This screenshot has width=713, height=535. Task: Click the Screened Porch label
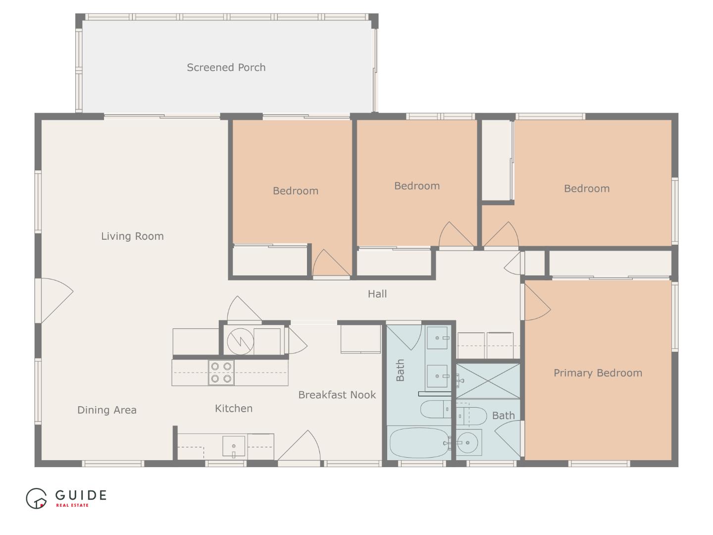(x=226, y=67)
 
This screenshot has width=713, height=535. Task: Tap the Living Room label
(x=132, y=236)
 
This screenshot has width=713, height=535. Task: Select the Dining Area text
(x=107, y=410)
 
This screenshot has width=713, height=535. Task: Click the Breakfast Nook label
(x=337, y=395)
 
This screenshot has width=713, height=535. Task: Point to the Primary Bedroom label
(x=598, y=373)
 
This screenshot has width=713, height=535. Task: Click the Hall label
(x=377, y=294)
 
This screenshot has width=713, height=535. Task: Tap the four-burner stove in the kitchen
(x=221, y=373)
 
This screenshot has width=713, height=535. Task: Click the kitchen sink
(x=233, y=446)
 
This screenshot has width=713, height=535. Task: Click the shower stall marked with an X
(x=488, y=381)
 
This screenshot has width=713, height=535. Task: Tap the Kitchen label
(x=234, y=409)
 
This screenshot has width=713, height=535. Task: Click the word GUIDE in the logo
(x=81, y=495)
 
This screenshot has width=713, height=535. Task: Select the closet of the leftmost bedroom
(x=270, y=261)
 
